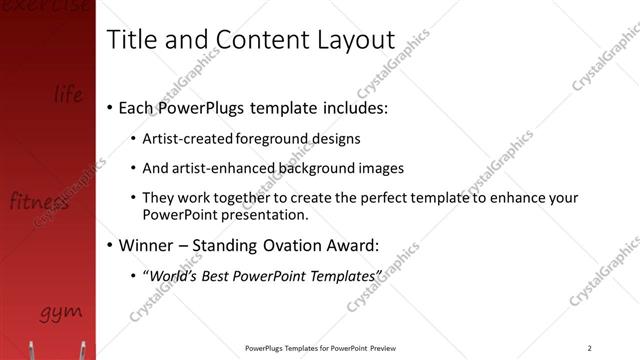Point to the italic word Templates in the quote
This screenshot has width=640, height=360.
345,275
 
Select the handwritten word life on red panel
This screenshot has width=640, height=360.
68,95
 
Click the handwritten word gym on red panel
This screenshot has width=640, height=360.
61,314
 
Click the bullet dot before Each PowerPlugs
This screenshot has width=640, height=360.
109,107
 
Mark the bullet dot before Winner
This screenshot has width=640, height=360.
109,245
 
